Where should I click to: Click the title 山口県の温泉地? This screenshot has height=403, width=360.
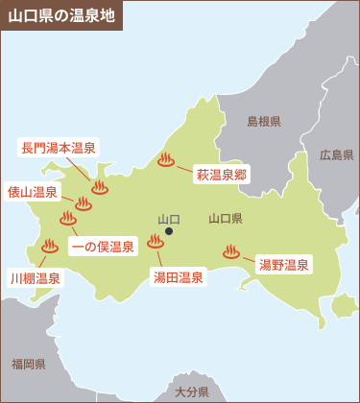60,15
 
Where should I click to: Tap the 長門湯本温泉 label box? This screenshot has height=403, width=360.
59,148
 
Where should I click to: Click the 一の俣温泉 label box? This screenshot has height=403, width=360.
105,246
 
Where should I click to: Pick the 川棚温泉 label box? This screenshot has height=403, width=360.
36,278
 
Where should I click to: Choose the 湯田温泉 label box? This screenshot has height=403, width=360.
179,277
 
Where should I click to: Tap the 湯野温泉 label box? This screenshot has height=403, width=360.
284,264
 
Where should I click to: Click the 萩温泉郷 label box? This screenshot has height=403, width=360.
223,175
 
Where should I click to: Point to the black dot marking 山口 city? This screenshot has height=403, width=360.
169,231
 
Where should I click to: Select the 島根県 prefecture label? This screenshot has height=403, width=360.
264,122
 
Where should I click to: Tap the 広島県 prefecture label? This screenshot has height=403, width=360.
337,154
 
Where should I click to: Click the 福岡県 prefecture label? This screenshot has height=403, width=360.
30,365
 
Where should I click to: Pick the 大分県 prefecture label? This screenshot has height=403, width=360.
192,392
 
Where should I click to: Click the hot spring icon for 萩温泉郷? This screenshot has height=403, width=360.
166,160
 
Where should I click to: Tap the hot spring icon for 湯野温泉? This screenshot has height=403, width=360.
230,253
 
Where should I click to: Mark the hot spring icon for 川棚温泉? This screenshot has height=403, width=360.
50,247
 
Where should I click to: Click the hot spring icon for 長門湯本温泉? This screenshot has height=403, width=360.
99,187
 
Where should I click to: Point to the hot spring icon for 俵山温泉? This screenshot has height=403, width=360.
84,202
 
